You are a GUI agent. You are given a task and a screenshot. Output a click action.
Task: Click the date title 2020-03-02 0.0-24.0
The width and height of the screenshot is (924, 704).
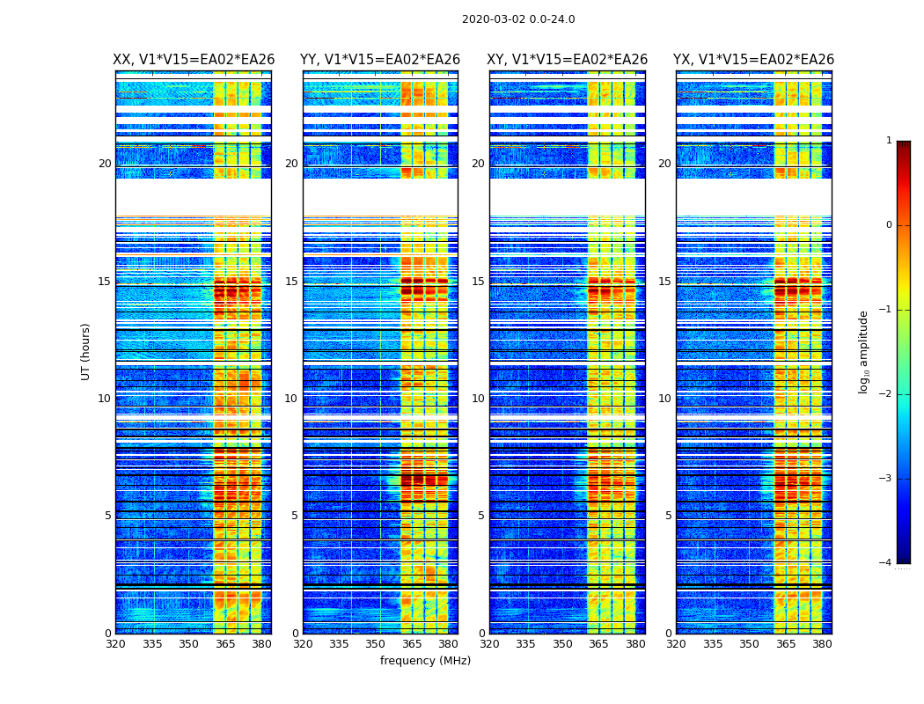pos(518,19)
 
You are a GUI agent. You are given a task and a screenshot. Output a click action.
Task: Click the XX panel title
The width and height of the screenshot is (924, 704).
pos(194,60)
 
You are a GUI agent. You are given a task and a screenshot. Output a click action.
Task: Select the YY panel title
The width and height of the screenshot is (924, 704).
pos(380,60)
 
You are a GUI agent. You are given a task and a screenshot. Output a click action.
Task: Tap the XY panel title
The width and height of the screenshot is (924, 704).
pos(568,60)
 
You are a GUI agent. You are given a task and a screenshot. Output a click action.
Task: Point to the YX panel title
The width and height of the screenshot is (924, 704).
pos(754,60)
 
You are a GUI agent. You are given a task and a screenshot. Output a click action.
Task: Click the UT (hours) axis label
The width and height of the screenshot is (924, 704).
pos(85,351)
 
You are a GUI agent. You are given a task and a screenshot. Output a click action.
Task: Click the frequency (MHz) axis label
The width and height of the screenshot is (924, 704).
pos(425,661)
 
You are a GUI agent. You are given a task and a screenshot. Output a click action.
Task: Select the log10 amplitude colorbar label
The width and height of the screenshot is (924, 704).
pos(864,351)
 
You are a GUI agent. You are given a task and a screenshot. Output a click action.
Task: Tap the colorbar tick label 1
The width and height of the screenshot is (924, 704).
pos(889,141)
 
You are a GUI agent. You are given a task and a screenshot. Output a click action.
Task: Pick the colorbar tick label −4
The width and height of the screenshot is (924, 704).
pos(887,563)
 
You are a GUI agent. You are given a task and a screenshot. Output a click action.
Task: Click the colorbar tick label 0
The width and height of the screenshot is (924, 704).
pos(889,225)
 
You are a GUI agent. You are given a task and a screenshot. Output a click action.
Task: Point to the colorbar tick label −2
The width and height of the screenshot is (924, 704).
pos(887,394)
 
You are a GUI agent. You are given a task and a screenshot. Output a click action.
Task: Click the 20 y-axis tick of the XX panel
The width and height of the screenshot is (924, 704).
pos(105,164)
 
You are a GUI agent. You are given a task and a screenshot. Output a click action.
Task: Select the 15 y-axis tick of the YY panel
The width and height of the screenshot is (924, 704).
pos(291,282)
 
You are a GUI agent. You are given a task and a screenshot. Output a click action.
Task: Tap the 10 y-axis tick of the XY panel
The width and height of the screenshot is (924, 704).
pos(478,399)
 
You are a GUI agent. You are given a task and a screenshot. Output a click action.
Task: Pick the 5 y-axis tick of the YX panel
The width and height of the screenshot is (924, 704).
pos(668,516)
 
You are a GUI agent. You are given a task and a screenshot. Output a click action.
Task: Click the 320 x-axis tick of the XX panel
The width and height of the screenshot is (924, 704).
pos(115,644)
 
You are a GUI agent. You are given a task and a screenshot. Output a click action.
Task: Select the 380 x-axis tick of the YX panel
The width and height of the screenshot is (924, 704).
pos(822,644)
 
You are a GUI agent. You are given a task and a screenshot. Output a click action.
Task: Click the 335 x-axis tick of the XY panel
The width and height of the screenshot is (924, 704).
pos(525,644)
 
